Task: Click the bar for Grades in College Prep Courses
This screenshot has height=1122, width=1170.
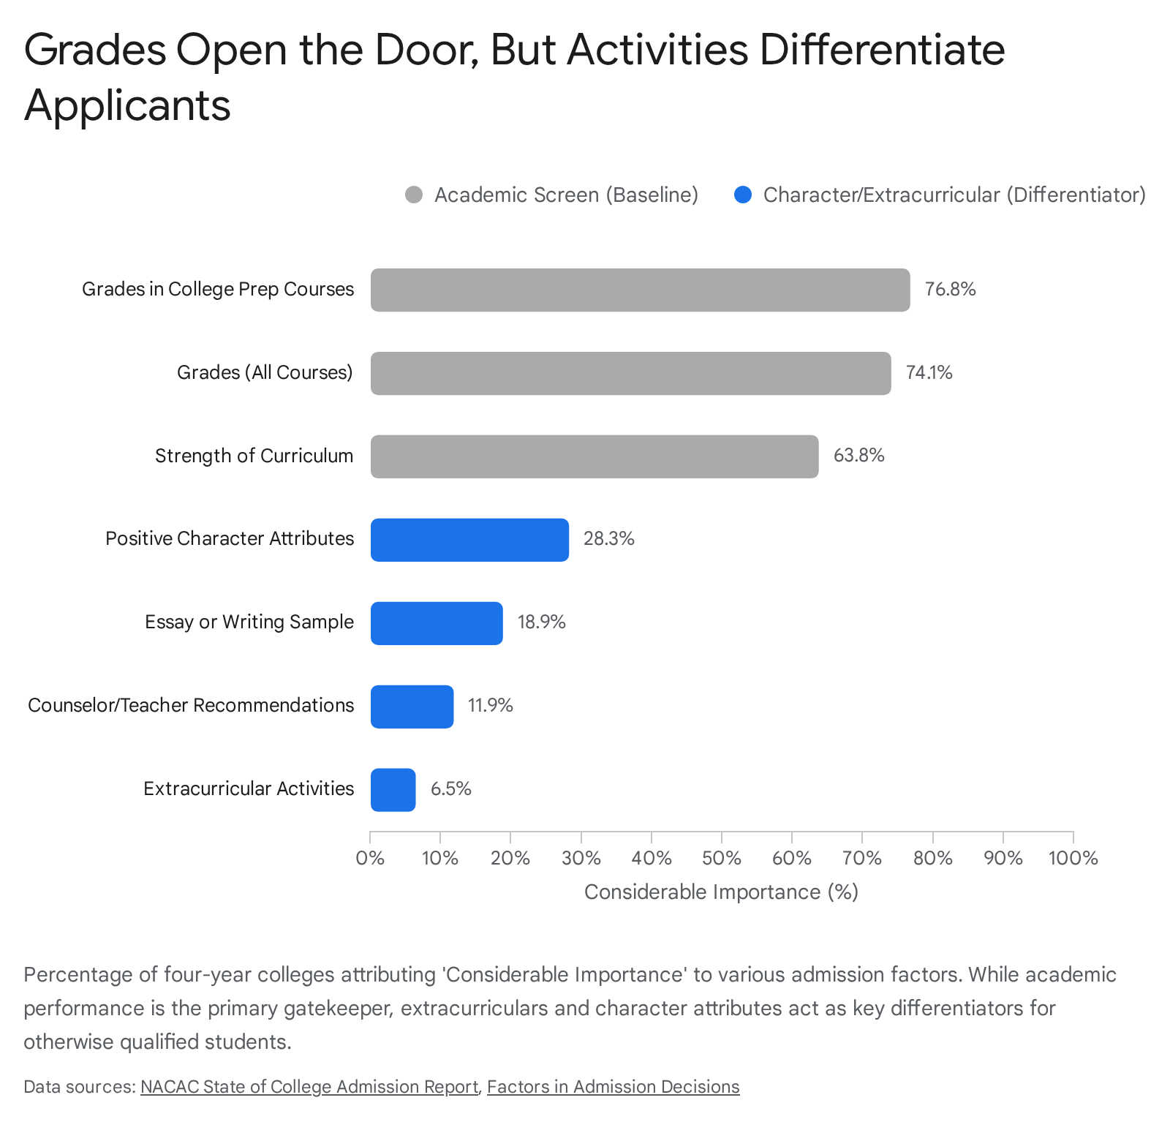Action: click(640, 290)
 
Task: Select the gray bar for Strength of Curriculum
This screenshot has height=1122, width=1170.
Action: click(595, 456)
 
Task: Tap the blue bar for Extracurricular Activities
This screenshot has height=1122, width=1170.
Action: click(393, 790)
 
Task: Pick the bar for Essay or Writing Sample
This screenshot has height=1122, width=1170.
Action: click(437, 623)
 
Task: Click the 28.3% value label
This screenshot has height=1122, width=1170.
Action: click(608, 539)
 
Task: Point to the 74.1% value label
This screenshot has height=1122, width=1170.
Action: click(929, 373)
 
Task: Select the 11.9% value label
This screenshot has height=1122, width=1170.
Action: click(490, 706)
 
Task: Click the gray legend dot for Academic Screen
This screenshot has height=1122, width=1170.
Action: click(414, 195)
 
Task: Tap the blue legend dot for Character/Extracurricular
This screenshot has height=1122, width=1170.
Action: click(743, 195)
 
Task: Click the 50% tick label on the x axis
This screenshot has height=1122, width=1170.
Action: click(722, 858)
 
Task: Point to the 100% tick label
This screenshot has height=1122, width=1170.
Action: click(1073, 858)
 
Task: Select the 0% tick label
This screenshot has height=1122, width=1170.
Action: click(370, 858)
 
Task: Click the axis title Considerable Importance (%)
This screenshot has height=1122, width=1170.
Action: click(721, 892)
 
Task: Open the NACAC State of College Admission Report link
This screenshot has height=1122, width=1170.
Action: click(309, 1087)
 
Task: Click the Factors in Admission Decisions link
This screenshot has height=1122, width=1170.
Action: click(614, 1087)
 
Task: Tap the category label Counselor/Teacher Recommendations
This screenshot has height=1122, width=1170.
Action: click(191, 705)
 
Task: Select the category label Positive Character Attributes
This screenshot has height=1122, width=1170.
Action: click(230, 538)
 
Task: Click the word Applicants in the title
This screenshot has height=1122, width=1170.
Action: click(127, 105)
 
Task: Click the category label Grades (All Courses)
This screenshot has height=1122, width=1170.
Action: click(265, 372)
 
